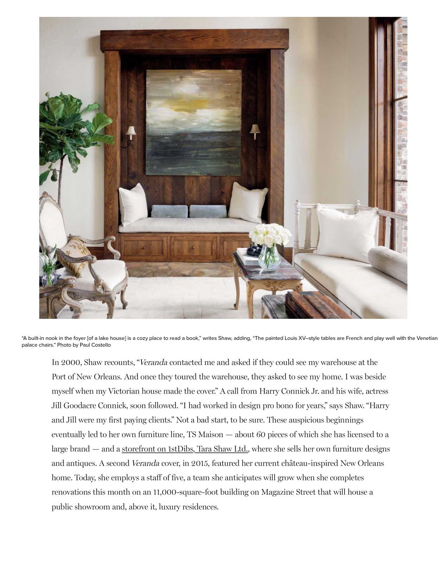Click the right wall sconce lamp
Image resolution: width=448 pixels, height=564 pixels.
click(255, 131)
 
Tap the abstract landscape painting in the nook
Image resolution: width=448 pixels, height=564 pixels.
click(193, 122)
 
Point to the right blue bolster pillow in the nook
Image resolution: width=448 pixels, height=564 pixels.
click(208, 211)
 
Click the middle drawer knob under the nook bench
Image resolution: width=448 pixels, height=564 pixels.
click(192, 248)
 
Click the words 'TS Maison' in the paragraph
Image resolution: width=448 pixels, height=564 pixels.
click(205, 434)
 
